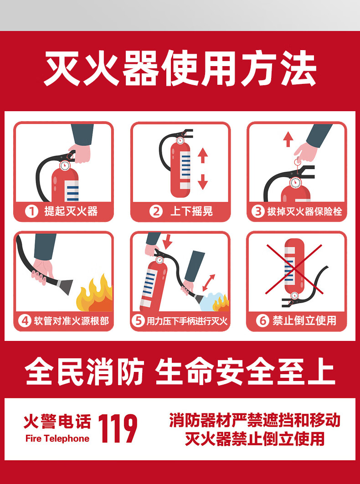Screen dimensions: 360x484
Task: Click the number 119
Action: click(118, 428)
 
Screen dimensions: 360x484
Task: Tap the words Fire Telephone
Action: click(57, 438)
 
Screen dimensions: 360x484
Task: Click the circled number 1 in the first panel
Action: click(31, 211)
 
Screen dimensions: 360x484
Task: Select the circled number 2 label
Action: click(156, 211)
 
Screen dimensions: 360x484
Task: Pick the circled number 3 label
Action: click(258, 211)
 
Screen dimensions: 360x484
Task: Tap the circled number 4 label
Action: click(25, 321)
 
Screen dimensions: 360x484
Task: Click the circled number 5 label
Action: click(138, 321)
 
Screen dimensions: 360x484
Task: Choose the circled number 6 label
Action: click(262, 321)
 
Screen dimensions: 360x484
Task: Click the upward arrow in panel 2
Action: click(202, 155)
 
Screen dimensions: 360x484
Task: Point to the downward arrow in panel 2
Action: click(202, 182)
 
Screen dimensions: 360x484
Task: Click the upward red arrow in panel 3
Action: click(288, 139)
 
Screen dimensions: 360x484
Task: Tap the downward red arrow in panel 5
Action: click(167, 242)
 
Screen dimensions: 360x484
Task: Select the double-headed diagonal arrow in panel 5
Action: click(209, 283)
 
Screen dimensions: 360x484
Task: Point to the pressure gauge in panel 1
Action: click(65, 165)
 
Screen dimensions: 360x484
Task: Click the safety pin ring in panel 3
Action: click(298, 161)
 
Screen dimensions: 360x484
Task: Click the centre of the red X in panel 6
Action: click(294, 269)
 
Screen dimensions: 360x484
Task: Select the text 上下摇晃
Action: click(191, 211)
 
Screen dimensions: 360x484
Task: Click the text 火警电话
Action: click(57, 422)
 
